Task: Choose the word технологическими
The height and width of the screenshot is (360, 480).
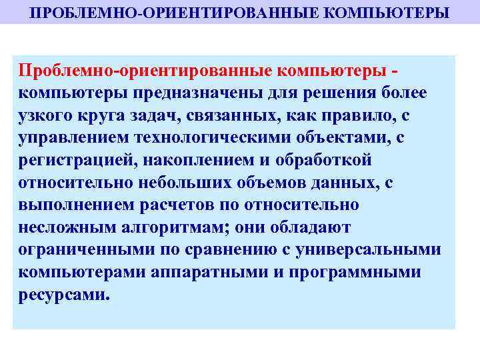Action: [217, 138]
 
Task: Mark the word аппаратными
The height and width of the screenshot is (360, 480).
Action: [212, 273]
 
